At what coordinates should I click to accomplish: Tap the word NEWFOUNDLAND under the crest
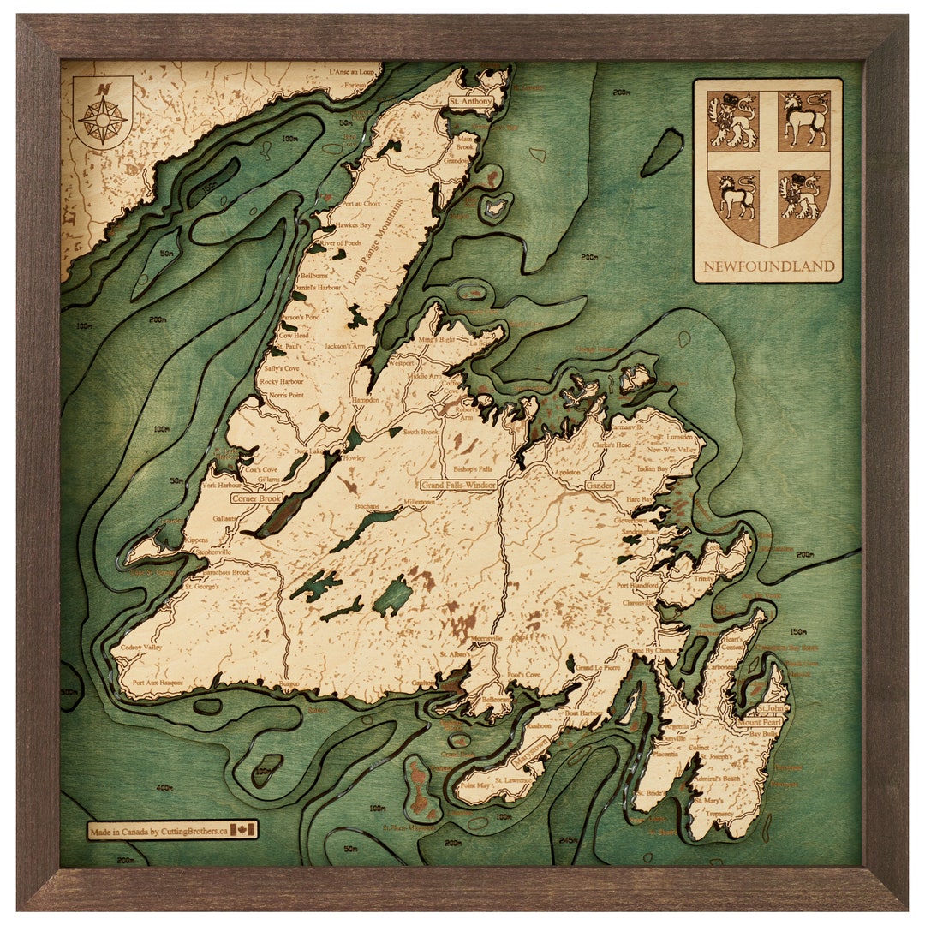pyautogui.click(x=768, y=266)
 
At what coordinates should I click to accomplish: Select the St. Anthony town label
pyautogui.click(x=471, y=101)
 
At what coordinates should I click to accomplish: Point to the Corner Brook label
pyautogui.click(x=256, y=498)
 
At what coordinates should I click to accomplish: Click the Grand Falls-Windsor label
pyautogui.click(x=459, y=485)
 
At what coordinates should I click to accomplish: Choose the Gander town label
pyautogui.click(x=600, y=486)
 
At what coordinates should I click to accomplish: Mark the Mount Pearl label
pyautogui.click(x=759, y=722)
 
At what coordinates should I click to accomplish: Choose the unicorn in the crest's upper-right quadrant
pyautogui.click(x=805, y=120)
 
